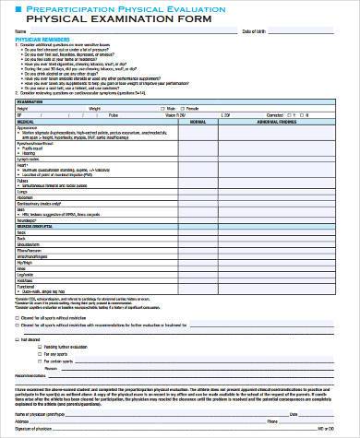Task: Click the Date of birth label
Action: pos(253,31)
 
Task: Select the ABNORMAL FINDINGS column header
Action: pos(276,121)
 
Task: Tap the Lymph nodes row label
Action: pos(27,158)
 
